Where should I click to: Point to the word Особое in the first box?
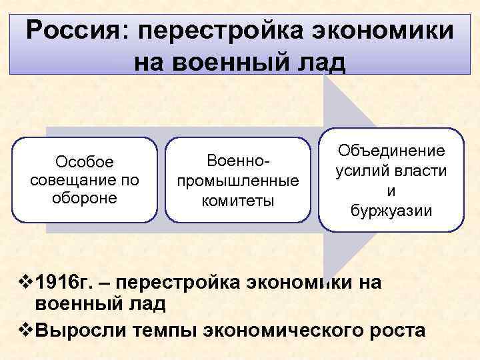click(85, 163)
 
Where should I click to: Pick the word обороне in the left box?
click(85, 198)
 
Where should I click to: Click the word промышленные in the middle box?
click(238, 181)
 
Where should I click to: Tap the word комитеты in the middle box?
click(238, 199)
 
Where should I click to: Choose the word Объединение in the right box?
click(391, 151)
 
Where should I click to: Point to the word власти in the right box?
click(418, 171)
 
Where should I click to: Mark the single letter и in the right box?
click(391, 191)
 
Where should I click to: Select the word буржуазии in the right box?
click(391, 211)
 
